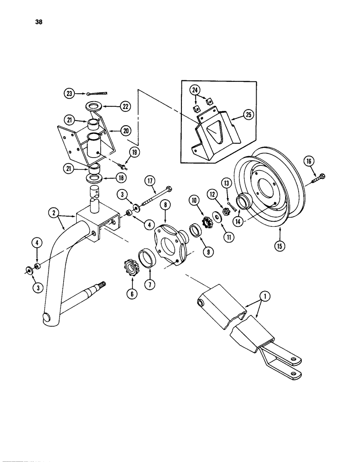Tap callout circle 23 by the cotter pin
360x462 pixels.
point(69,93)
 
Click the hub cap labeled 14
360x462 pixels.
point(244,203)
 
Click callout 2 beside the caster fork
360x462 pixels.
point(55,213)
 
